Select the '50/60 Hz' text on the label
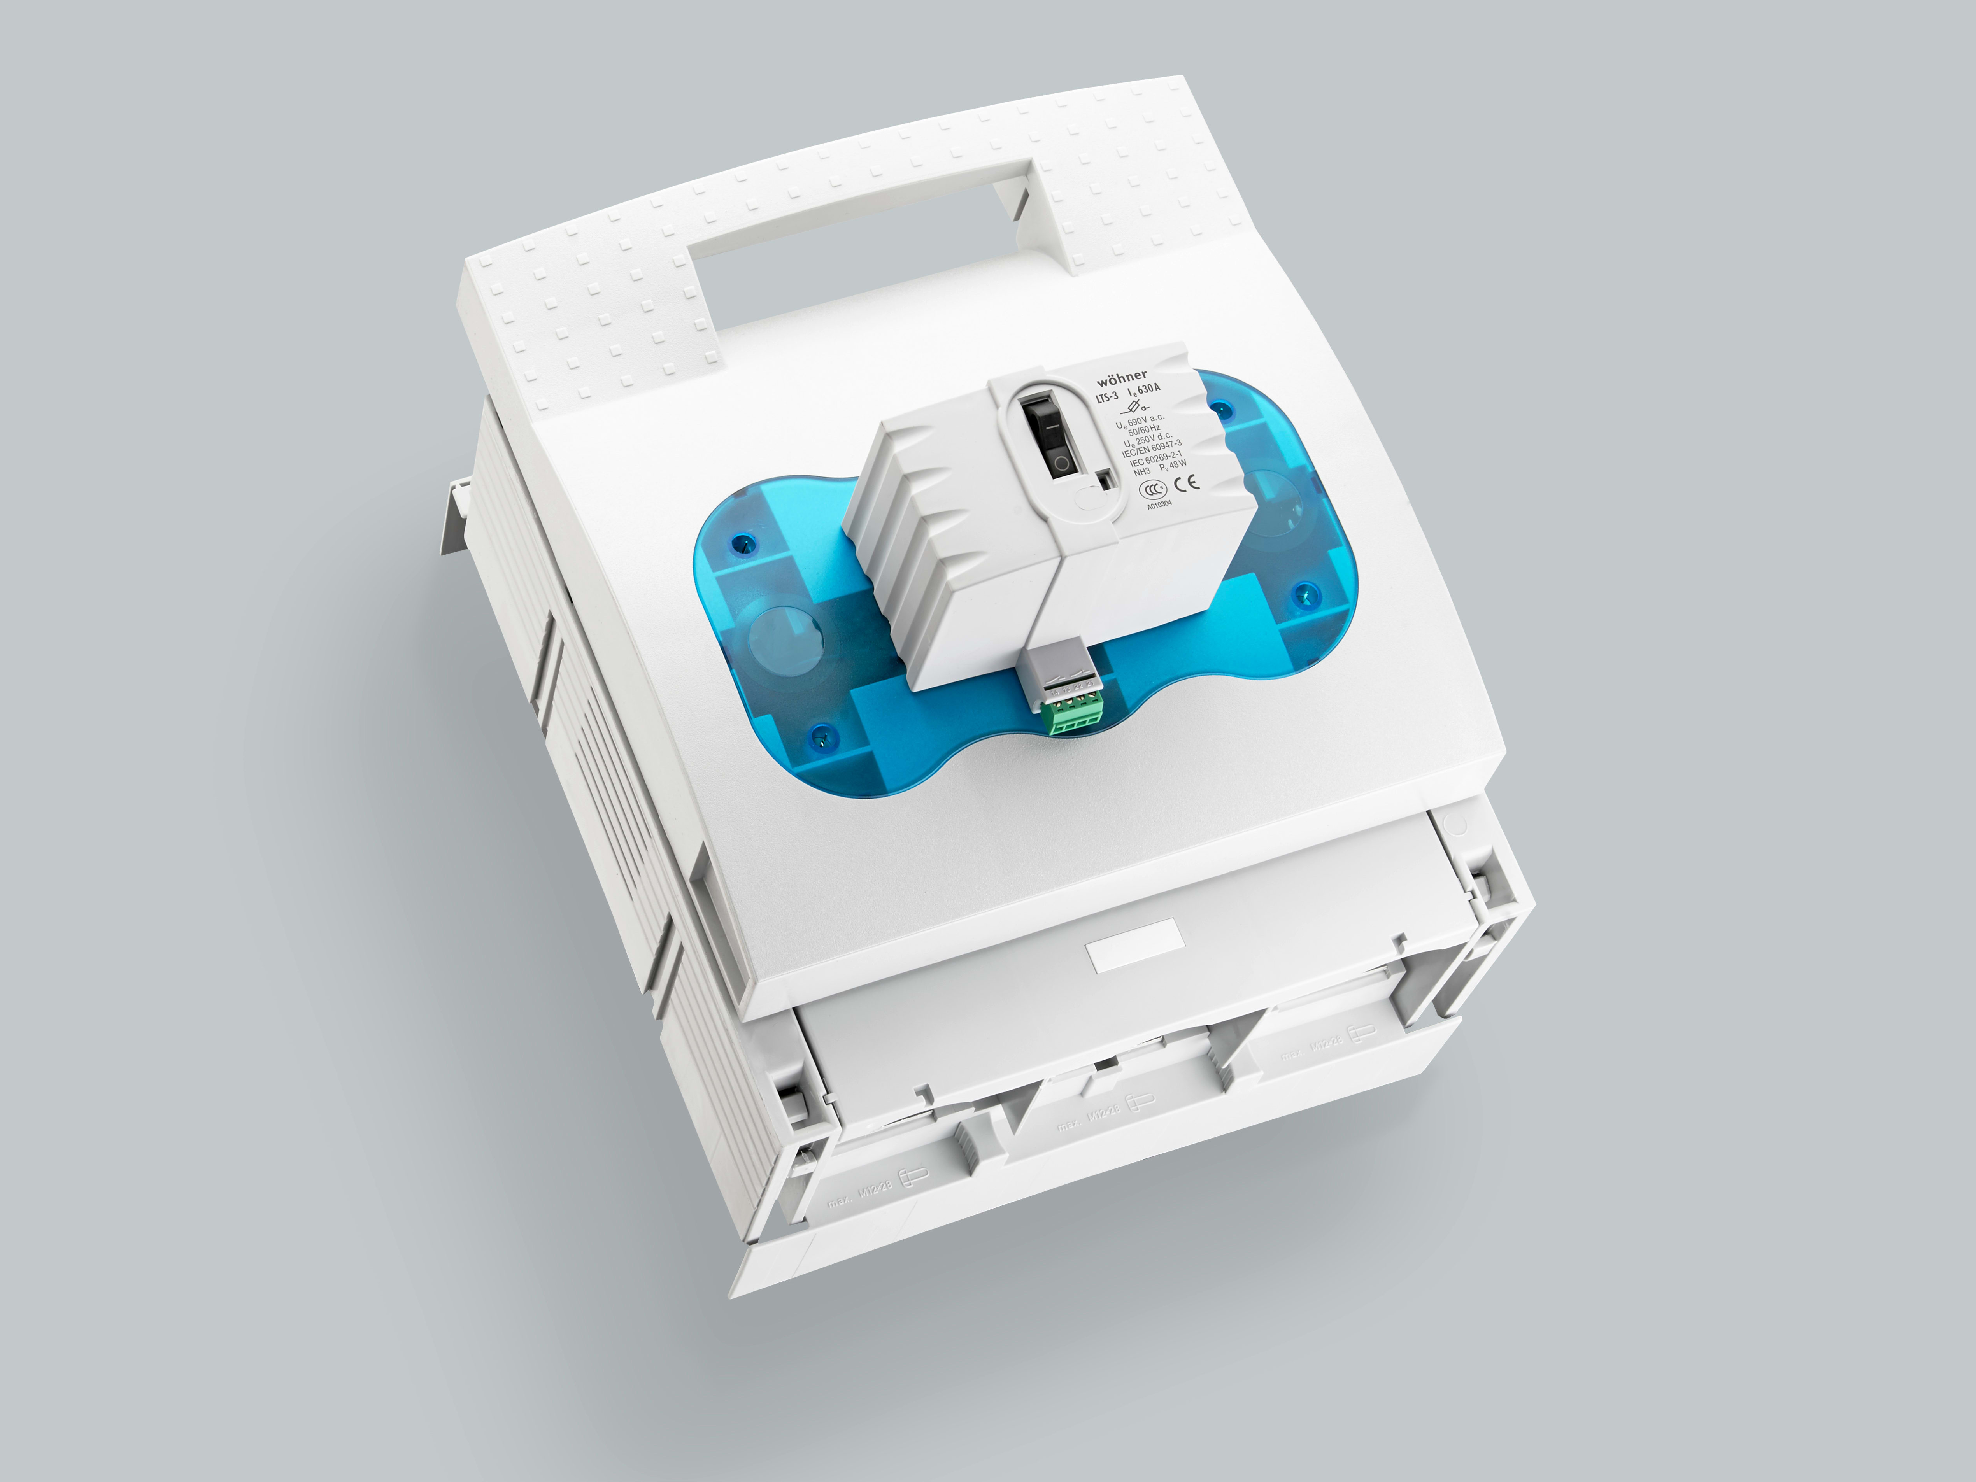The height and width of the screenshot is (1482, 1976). (x=1145, y=431)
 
